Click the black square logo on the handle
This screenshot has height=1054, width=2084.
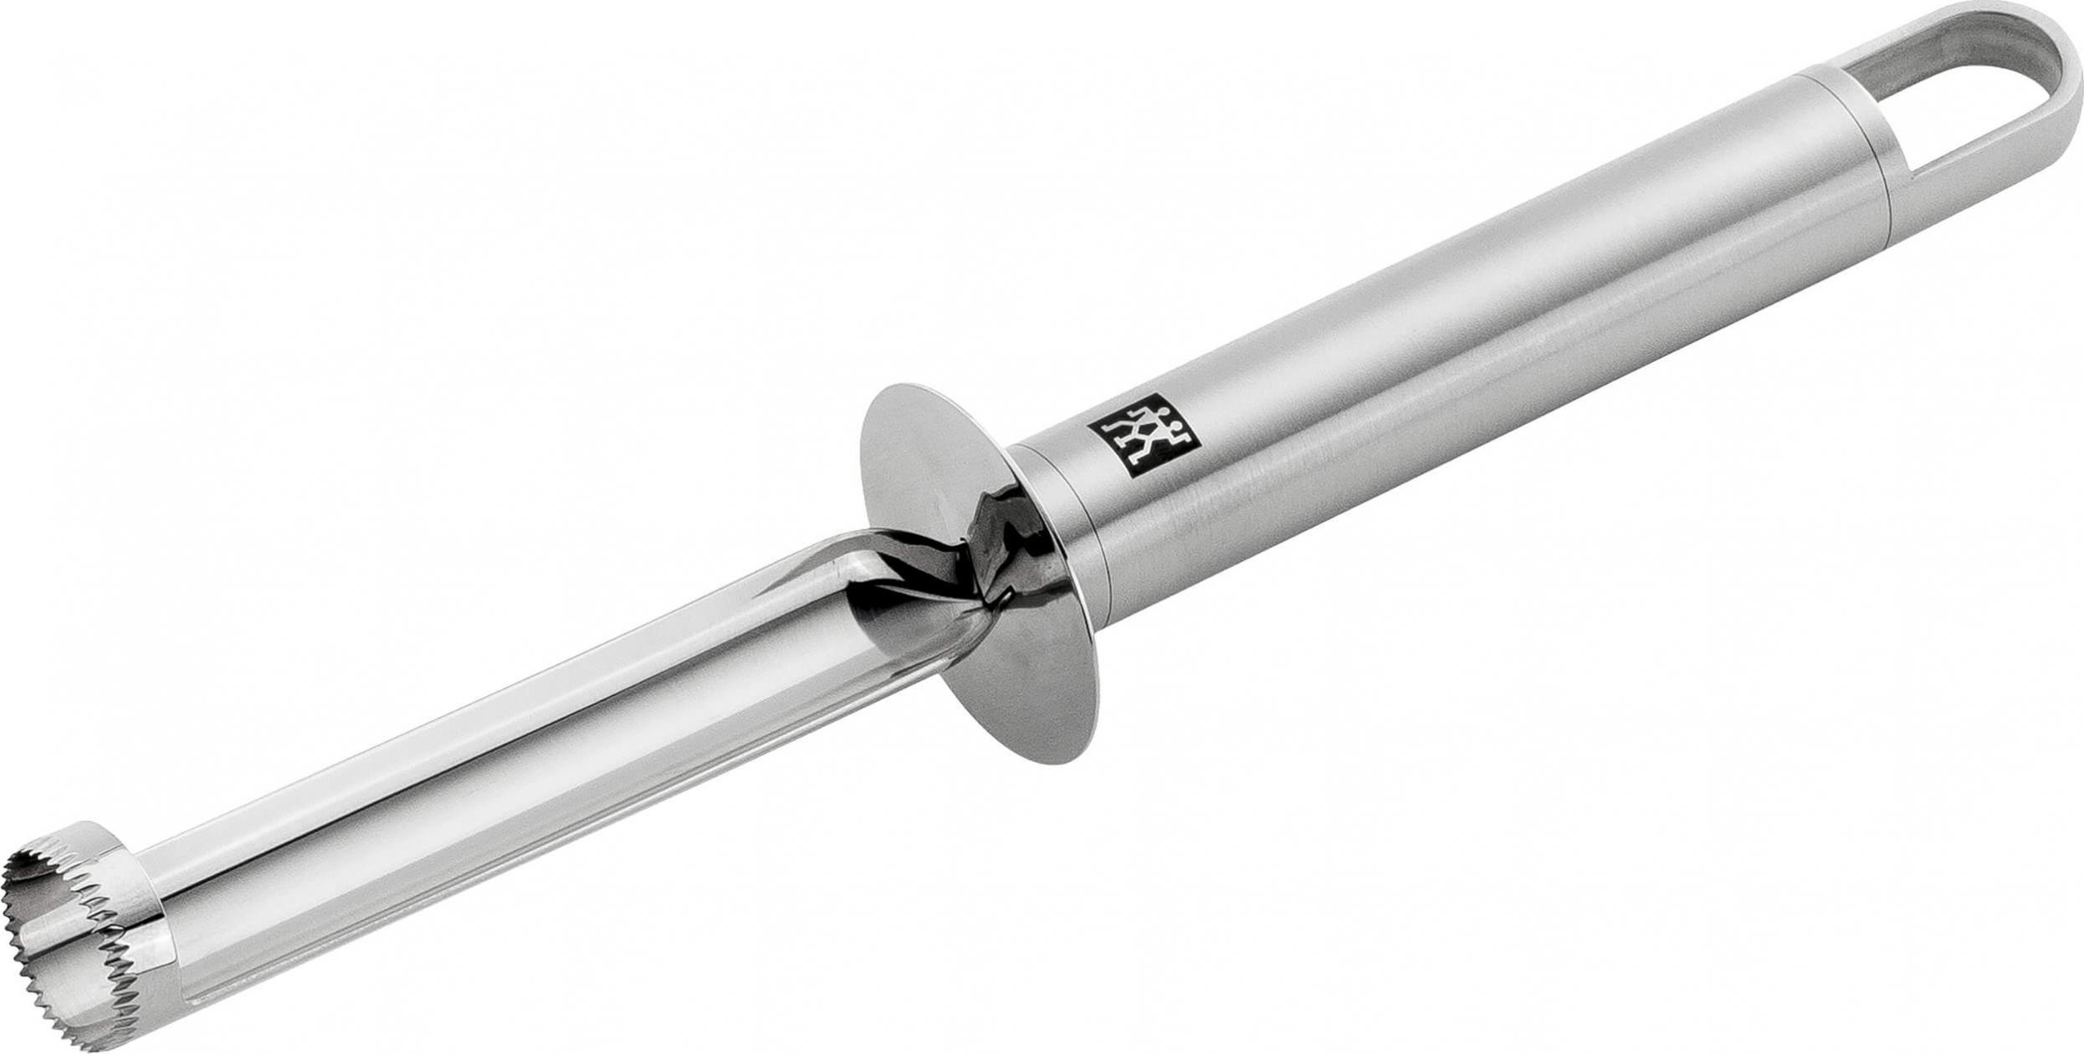(1143, 447)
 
